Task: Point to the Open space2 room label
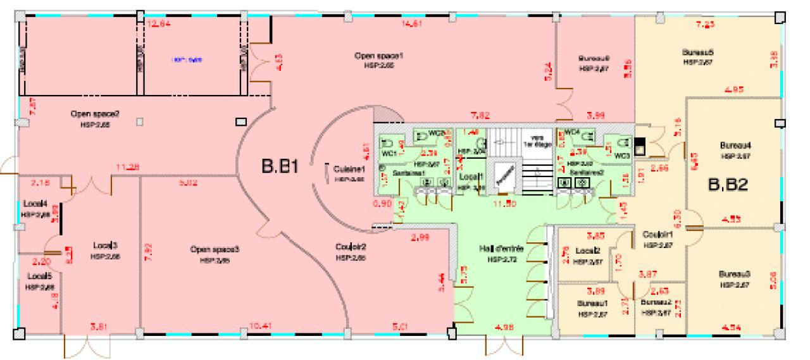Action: coord(95,115)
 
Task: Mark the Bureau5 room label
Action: coord(698,51)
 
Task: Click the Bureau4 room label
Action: coord(735,145)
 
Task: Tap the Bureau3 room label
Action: coord(734,274)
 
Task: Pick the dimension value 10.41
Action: coord(260,326)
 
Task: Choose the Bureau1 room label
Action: coord(592,303)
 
